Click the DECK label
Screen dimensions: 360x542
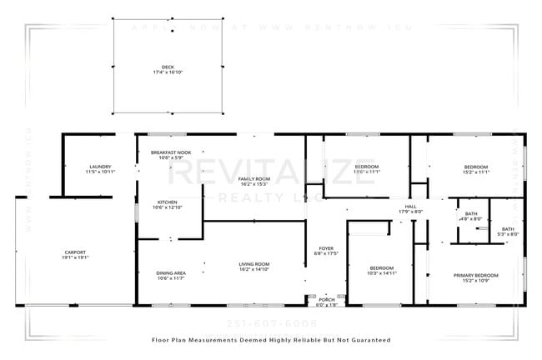pos(168,67)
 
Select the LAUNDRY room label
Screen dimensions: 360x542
pos(100,167)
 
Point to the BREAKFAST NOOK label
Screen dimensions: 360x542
pos(171,152)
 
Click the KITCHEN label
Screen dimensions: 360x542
pos(168,202)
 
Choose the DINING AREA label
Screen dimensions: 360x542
pos(170,272)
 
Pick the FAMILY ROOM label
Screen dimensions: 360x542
pos(254,179)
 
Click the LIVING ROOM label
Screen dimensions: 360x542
pos(253,263)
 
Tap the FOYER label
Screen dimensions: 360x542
pos(326,249)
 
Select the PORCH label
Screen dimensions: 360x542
pos(326,299)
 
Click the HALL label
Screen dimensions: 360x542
pos(410,207)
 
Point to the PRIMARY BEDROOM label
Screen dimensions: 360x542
pos(476,275)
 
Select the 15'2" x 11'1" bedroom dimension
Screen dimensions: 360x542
pos(475,172)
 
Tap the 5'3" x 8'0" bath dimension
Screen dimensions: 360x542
pos(508,234)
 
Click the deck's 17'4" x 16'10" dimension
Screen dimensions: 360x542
pos(168,73)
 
